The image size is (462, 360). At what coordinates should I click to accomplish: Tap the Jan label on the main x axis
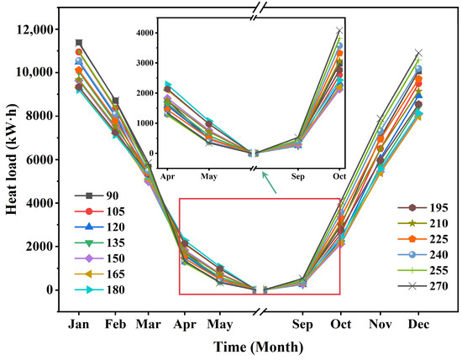(79, 323)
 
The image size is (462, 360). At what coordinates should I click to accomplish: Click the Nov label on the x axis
(380, 323)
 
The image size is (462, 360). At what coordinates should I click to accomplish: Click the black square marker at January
(79, 43)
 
